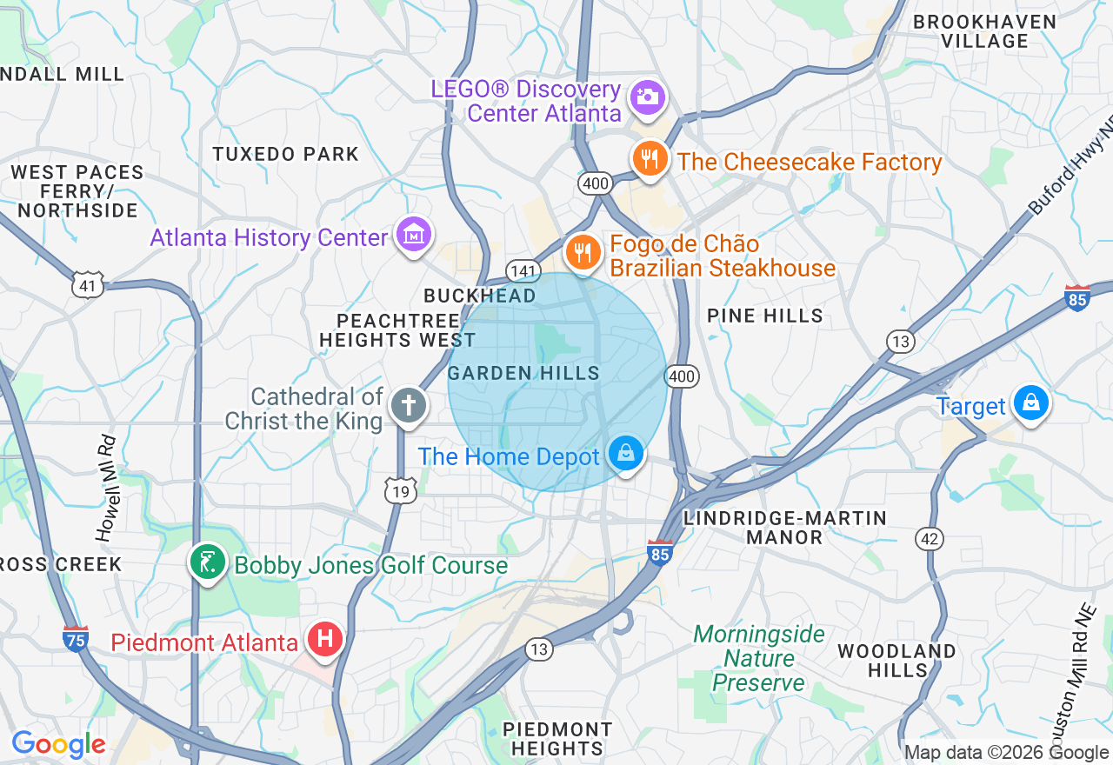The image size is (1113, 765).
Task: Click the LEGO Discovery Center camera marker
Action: (647, 96)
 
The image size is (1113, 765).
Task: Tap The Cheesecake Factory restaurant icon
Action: (649, 159)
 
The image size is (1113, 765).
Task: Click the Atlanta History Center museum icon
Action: (415, 234)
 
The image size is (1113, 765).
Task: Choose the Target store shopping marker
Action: (1031, 403)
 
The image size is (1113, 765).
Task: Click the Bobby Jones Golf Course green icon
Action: (208, 562)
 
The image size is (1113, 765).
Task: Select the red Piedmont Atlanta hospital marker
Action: (326, 640)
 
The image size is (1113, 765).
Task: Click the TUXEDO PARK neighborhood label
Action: (285, 154)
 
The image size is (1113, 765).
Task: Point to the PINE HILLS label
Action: (765, 316)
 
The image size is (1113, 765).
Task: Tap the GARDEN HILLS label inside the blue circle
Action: (524, 374)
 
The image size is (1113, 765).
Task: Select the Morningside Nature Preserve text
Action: (759, 658)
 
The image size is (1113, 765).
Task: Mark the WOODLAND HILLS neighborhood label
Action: (896, 661)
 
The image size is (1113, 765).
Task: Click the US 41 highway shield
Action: (89, 284)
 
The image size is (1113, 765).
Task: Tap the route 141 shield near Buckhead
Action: (523, 272)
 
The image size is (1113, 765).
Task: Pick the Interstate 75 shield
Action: (76, 639)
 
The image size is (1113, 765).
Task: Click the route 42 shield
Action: (930, 539)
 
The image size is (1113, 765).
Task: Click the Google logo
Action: (58, 745)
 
